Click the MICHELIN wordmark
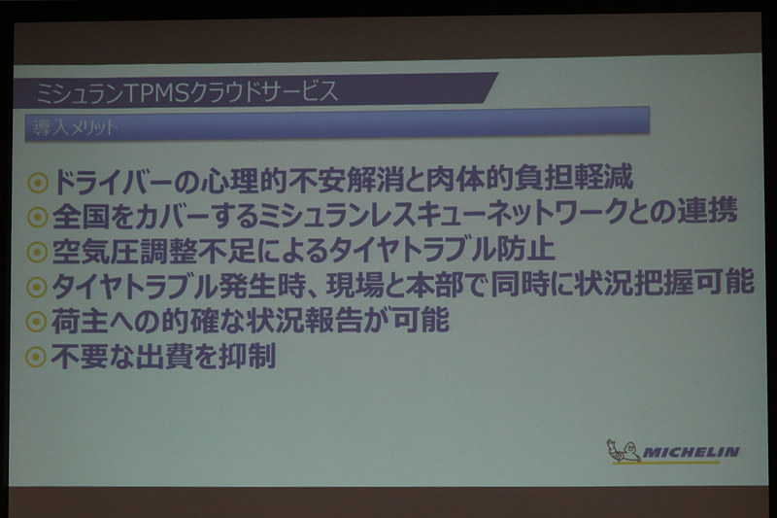pyautogui.click(x=692, y=452)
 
